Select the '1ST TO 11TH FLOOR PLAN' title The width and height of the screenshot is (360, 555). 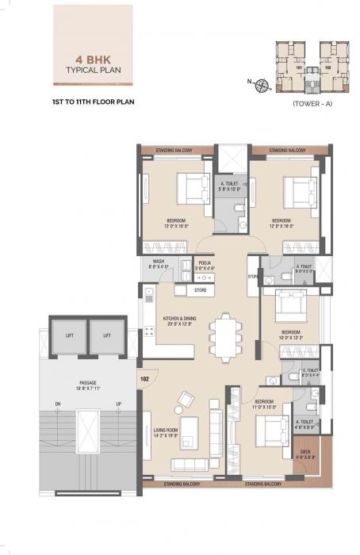tap(89, 103)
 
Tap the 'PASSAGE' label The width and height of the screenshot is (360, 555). tap(87, 384)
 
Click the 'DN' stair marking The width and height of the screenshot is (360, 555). tap(58, 404)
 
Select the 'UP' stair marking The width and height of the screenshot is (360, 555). tap(118, 404)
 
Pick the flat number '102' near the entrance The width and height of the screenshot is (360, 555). tap(145, 379)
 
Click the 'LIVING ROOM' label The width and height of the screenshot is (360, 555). tap(163, 431)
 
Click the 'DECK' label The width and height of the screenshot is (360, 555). tap(306, 453)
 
